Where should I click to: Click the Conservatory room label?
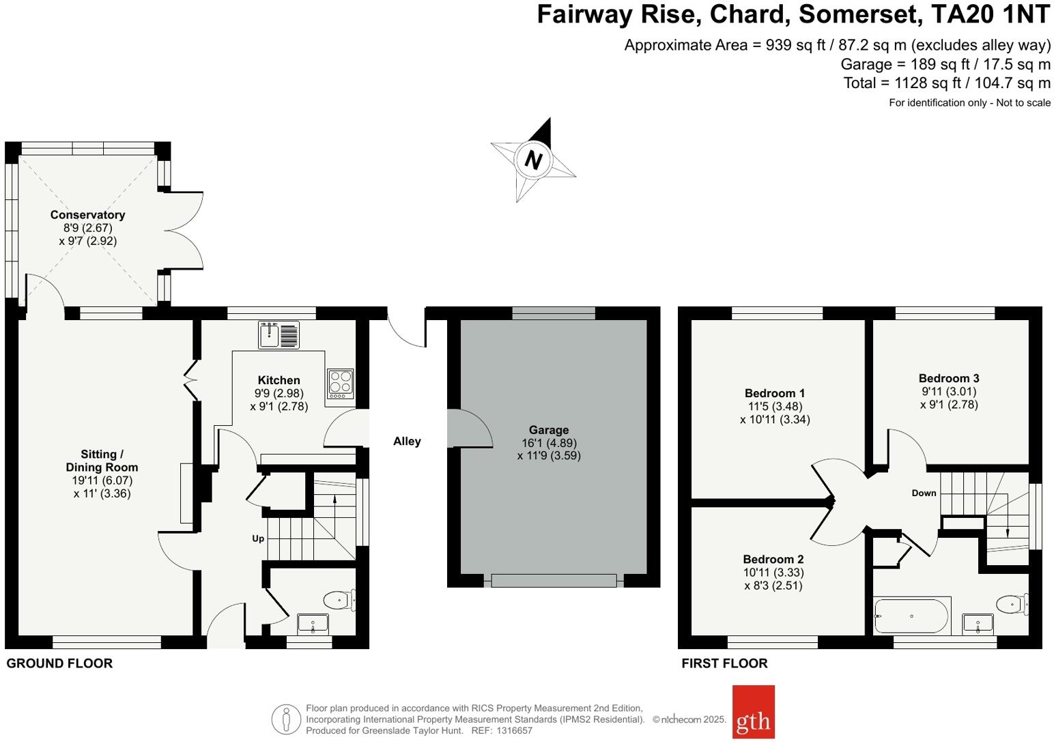[87, 215]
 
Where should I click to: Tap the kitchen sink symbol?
[279, 334]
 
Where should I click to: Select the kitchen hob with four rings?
[340, 384]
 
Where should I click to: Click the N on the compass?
[533, 160]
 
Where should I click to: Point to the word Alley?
[407, 442]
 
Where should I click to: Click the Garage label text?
[549, 430]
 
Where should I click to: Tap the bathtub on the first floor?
[911, 616]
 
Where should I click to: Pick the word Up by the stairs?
[258, 538]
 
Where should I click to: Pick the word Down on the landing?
[924, 493]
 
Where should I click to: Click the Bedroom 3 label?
[949, 378]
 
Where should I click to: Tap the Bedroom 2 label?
[773, 559]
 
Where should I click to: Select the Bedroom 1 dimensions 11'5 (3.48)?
[775, 406]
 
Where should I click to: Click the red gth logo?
[753, 712]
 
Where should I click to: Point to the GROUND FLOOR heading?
[59, 663]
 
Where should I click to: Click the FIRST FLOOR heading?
[724, 663]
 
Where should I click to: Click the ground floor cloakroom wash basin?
[313, 623]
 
